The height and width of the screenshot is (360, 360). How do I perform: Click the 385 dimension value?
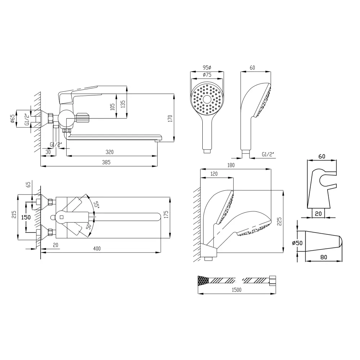click(106, 162)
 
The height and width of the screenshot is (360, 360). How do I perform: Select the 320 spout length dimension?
click(109, 152)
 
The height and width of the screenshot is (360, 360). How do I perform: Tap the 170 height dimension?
click(170, 119)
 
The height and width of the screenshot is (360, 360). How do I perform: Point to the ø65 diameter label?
click(13, 119)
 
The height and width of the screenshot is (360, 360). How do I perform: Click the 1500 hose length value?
click(237, 290)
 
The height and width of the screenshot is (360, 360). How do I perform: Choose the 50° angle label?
click(89, 226)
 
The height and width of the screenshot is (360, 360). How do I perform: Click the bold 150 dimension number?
click(26, 217)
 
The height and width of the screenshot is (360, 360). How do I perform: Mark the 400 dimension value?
click(97, 248)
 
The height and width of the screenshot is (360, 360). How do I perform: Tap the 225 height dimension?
click(279, 221)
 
